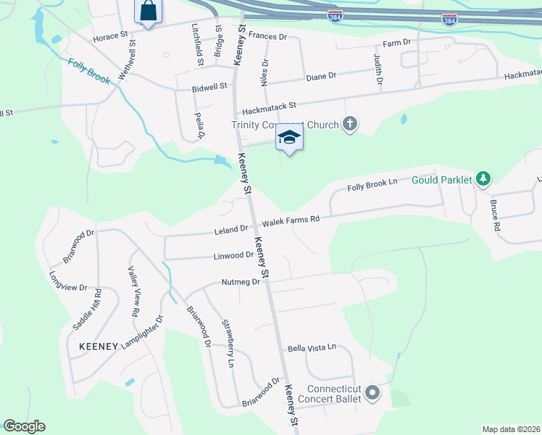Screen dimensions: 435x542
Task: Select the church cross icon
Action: click(350, 124)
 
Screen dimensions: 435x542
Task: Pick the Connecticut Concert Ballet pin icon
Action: click(373, 393)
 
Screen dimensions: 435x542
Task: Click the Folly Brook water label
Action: click(89, 72)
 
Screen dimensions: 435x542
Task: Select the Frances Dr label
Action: click(267, 35)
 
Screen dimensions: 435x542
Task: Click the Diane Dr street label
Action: click(322, 75)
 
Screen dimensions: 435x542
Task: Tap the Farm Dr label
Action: click(396, 43)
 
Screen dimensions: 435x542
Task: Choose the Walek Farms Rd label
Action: click(291, 220)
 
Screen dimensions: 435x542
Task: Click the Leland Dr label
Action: click(231, 230)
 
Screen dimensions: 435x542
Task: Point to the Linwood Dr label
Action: click(233, 255)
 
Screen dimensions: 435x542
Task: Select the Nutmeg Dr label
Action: click(241, 282)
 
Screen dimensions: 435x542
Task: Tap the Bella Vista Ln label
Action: click(312, 347)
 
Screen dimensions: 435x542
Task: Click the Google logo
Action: click(25, 426)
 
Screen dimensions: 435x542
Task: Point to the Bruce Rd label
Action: click(496, 215)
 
